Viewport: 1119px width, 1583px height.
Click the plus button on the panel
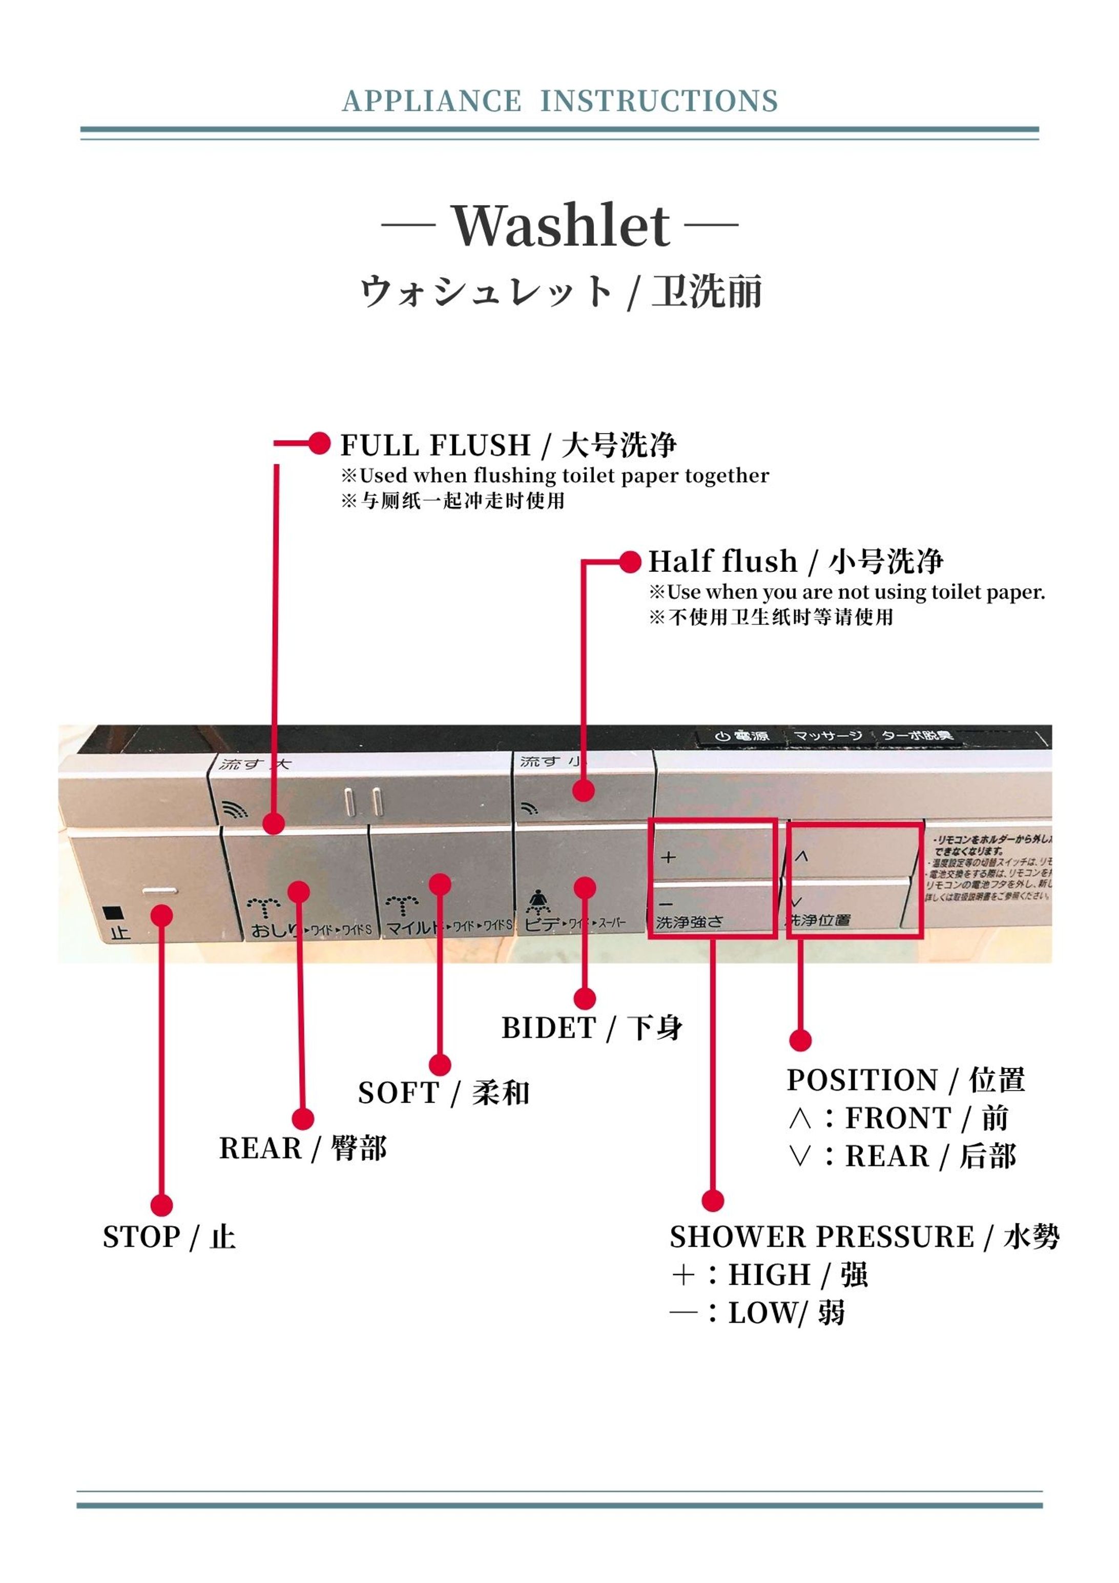pos(668,857)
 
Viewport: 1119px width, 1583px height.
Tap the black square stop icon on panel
pos(112,913)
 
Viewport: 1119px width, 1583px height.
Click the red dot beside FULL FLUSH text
pos(319,443)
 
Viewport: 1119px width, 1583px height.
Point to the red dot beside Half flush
pos(630,562)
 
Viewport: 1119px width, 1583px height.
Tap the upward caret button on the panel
pos(800,856)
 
